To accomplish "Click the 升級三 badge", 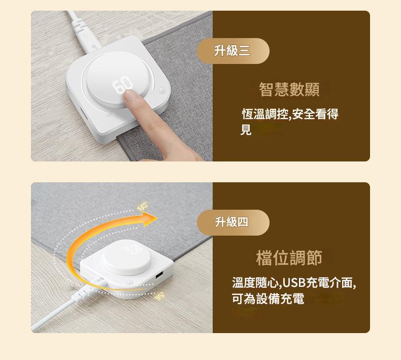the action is pos(233,51).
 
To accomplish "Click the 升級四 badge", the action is pos(233,222).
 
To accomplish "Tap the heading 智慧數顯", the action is pos(289,89).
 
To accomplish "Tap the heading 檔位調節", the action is pos(289,258).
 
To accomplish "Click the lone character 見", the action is pos(246,129).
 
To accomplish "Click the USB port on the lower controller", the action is pos(159,276).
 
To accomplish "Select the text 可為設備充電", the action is pos(268,299).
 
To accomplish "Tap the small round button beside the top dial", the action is pos(161,90).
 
